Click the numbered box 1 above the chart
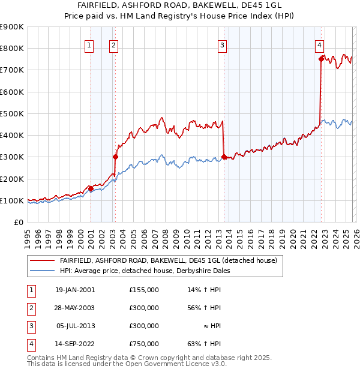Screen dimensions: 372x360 coord(89,44)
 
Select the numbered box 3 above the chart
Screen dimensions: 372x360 coord(222,44)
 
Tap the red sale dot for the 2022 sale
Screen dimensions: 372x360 coord(321,59)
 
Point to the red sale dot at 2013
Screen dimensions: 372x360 coord(224,157)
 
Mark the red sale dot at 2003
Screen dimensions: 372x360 coord(115,157)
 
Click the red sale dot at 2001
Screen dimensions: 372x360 coord(91,188)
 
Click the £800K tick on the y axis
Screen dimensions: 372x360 coord(12,49)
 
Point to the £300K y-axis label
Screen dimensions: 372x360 coord(12,157)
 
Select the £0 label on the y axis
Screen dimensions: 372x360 coord(19,223)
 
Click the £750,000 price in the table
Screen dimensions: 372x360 coord(143,344)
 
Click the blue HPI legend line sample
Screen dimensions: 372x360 coord(41,271)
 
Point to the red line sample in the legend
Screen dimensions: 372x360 coord(41,260)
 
